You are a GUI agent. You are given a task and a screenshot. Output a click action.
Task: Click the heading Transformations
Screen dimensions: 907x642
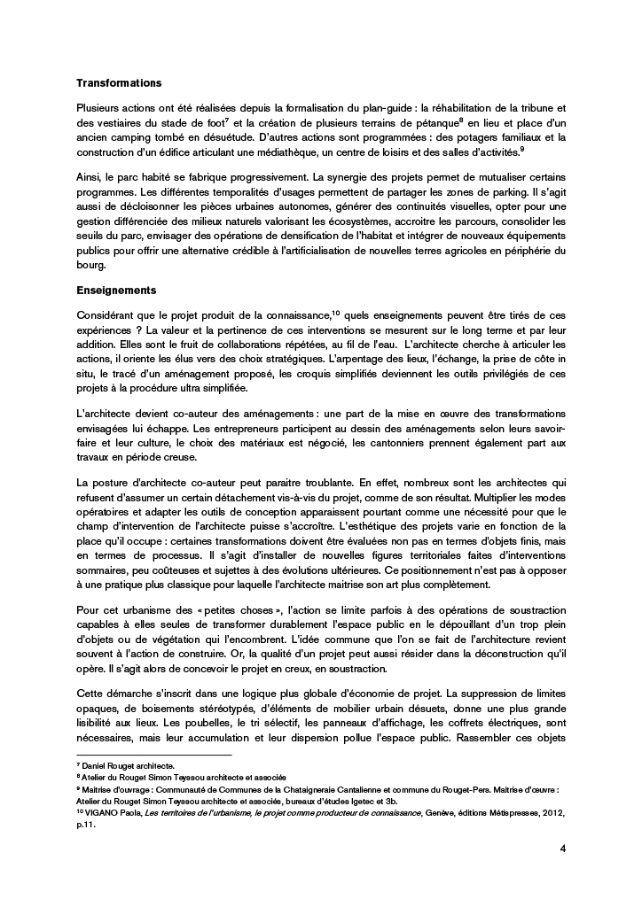tap(119, 83)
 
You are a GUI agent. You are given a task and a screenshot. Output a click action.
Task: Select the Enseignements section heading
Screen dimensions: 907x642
tap(117, 290)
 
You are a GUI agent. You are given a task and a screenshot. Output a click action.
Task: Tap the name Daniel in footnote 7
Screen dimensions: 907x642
tap(94, 764)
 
